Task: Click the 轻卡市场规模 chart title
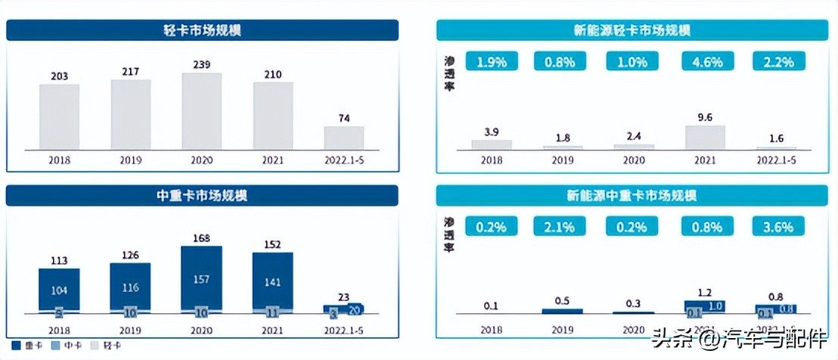click(x=202, y=30)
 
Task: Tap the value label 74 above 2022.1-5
click(x=344, y=118)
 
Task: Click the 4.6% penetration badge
click(x=706, y=63)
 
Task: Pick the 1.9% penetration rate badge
click(x=492, y=63)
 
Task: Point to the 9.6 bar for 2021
click(x=705, y=137)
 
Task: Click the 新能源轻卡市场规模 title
click(x=632, y=30)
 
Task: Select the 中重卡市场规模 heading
click(x=202, y=195)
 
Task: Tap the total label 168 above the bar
click(x=201, y=238)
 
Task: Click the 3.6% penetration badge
click(x=777, y=225)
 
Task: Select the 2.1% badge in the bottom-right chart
click(x=562, y=225)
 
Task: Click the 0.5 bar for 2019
click(x=562, y=311)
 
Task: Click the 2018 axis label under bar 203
click(x=59, y=160)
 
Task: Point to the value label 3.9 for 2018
click(x=491, y=132)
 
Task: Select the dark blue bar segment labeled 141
click(x=272, y=282)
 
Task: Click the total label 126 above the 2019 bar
click(x=130, y=255)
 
